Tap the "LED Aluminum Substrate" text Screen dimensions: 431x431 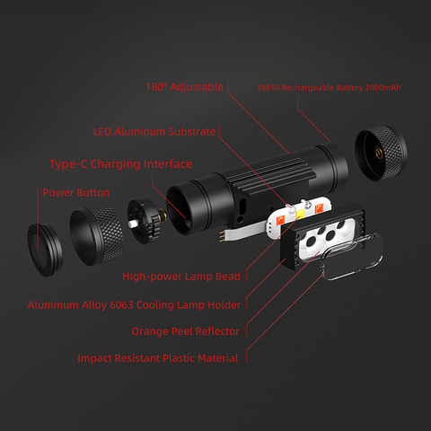pyautogui.click(x=154, y=131)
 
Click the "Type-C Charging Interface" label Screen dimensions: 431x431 pyautogui.click(x=120, y=164)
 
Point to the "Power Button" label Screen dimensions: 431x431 pyautogui.click(x=76, y=192)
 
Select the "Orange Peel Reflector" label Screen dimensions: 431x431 pyautogui.click(x=185, y=331)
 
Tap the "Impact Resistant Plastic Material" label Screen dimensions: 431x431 pyautogui.click(x=157, y=358)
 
